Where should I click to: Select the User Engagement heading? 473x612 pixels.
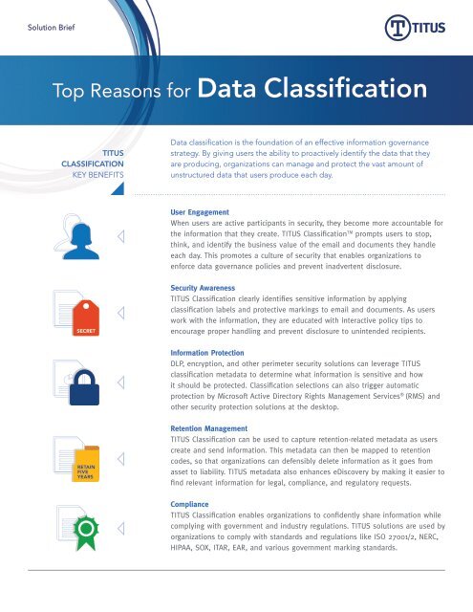[199, 207]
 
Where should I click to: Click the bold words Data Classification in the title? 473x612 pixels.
[313, 91]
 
